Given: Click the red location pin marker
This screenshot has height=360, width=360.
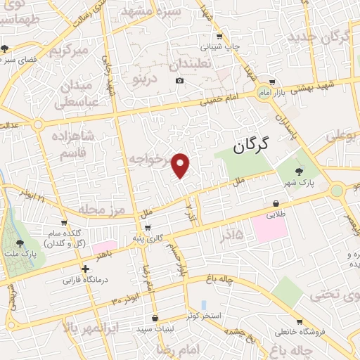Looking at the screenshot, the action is point(181,165).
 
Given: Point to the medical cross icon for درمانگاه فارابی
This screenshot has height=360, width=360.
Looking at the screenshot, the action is point(85,269).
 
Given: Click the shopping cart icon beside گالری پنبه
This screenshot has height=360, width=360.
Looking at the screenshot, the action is point(147,227).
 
